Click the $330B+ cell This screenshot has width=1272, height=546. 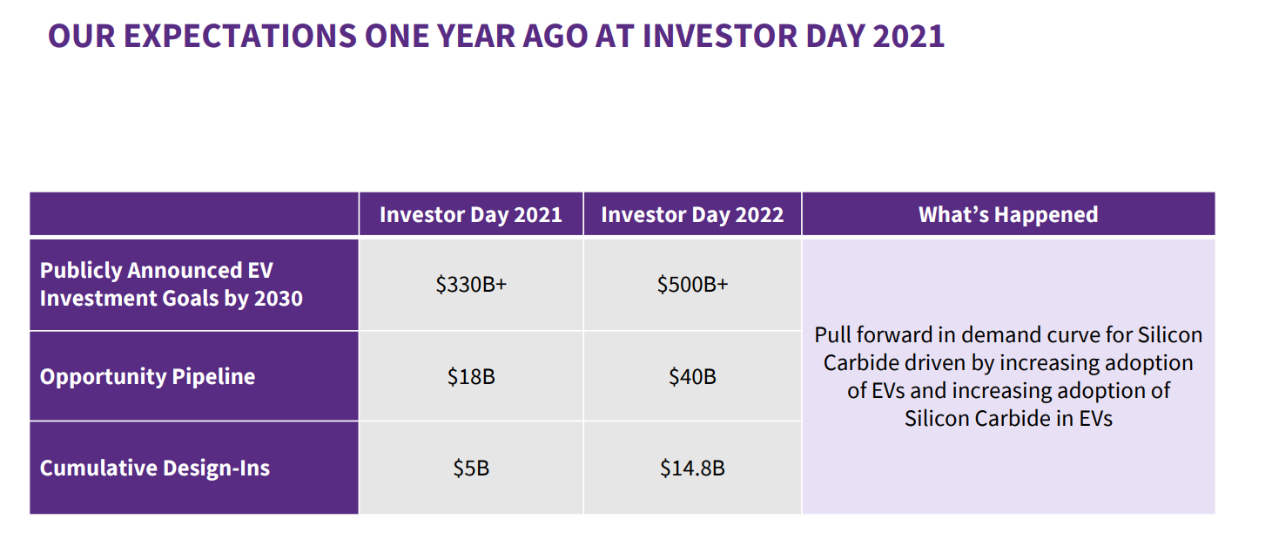471,285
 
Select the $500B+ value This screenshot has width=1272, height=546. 692,285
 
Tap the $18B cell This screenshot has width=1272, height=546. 471,376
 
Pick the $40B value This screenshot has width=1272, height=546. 692,376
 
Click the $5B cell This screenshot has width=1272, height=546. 471,468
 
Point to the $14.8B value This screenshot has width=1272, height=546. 692,468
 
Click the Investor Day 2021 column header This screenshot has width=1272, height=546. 471,214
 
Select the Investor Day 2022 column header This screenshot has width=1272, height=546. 692,214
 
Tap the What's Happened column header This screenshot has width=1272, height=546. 1008,214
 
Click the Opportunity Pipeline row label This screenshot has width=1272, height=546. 148,377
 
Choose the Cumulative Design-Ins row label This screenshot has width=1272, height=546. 155,468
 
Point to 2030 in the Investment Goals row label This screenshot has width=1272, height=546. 279,299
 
